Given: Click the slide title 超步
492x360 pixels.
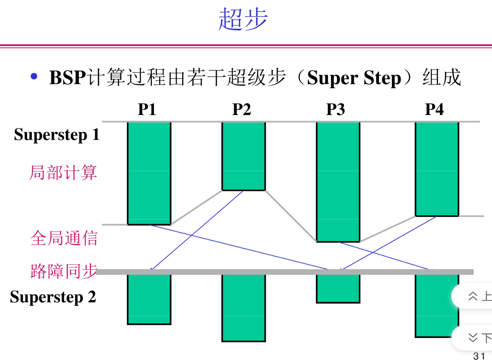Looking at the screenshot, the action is [x=243, y=19].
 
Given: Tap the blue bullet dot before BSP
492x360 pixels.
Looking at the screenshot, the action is [x=34, y=76].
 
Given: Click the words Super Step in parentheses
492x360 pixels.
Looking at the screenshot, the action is [x=354, y=78].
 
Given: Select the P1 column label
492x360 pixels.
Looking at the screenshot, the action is [x=147, y=109].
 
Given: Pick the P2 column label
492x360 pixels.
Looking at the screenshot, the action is [x=241, y=109].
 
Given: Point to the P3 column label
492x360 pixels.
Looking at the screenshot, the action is [x=335, y=109].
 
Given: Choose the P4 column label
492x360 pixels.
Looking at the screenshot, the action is [x=435, y=109].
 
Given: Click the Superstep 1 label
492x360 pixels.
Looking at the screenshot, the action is [x=57, y=134].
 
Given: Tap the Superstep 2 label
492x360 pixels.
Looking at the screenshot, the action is [x=53, y=297].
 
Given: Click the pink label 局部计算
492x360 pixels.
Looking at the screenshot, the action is [x=63, y=173].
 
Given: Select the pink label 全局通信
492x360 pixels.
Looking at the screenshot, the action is [x=64, y=238].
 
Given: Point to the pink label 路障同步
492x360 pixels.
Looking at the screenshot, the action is [x=64, y=271].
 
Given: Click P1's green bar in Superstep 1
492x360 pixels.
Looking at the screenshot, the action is [x=149, y=173].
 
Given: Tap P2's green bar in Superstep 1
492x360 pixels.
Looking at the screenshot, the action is [x=244, y=156].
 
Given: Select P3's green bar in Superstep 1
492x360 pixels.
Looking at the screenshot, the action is [x=338, y=182].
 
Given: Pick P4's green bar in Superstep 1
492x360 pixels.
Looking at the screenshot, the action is [x=437, y=169].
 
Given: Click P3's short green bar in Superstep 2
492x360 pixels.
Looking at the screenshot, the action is [x=338, y=289].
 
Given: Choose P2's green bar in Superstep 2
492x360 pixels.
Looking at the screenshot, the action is [x=244, y=308].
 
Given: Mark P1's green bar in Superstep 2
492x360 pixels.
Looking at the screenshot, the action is [x=149, y=300].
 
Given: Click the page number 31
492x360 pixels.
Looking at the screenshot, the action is [x=479, y=356].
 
